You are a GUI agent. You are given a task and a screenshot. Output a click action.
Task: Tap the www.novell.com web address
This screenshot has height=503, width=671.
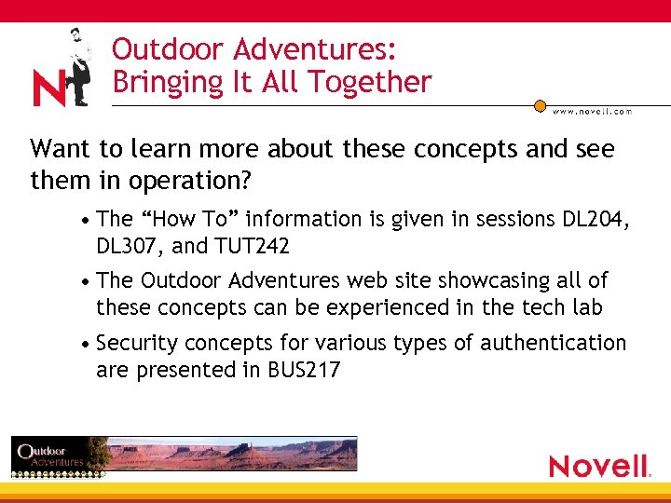pos(593,112)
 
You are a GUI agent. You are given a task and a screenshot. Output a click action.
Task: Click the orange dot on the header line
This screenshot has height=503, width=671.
pos(540,106)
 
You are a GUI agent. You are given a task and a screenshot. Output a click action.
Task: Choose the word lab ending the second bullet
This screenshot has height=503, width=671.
pos(589,307)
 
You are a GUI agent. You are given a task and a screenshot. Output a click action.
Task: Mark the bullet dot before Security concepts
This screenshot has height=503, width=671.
pos(85,344)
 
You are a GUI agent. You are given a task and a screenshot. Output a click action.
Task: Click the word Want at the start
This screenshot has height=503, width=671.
pos(59,149)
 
